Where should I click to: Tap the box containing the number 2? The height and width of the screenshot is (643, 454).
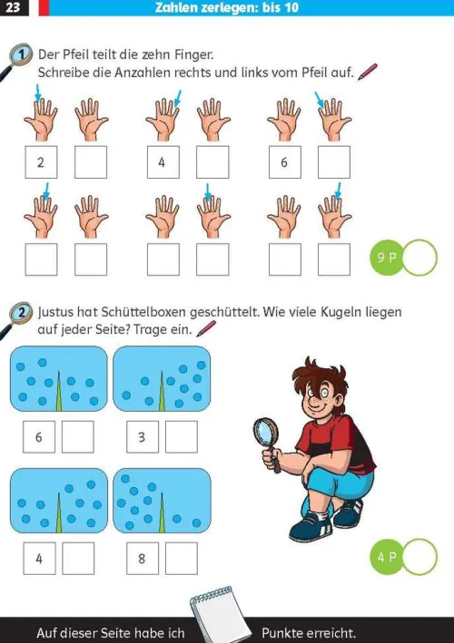pyautogui.click(x=41, y=162)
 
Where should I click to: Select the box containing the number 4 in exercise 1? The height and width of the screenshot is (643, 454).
pyautogui.click(x=163, y=162)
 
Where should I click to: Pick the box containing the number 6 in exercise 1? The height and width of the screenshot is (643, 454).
pyautogui.click(x=284, y=162)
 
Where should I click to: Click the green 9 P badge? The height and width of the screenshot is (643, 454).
pyautogui.click(x=386, y=258)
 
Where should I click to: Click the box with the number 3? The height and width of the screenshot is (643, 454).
pyautogui.click(x=142, y=437)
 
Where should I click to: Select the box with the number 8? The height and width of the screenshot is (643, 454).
pyautogui.click(x=142, y=558)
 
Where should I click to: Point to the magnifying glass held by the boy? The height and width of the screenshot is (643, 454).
pyautogui.click(x=268, y=430)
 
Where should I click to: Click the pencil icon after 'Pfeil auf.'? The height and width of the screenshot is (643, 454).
pyautogui.click(x=368, y=71)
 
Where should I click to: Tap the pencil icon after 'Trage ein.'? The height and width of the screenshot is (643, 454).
pyautogui.click(x=208, y=329)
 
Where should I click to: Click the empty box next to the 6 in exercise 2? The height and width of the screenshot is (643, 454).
pyautogui.click(x=78, y=437)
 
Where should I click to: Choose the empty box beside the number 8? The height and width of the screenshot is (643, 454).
pyautogui.click(x=182, y=558)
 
